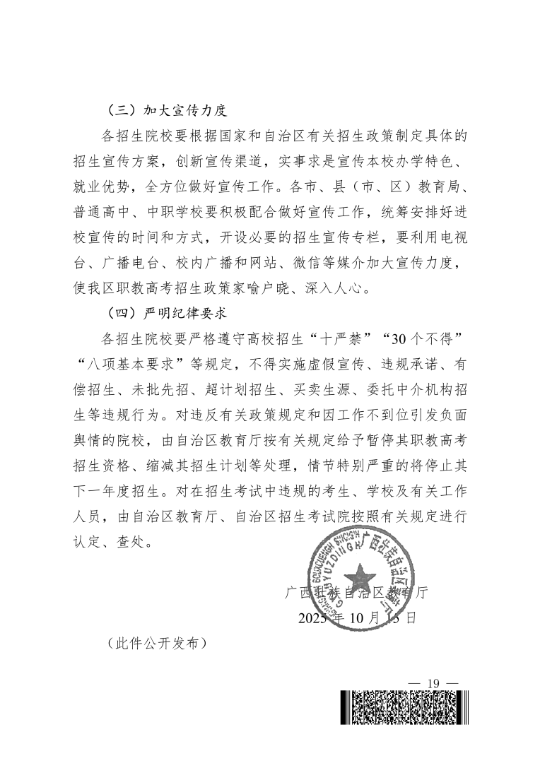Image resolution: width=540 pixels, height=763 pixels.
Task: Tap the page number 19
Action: click(x=433, y=682)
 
